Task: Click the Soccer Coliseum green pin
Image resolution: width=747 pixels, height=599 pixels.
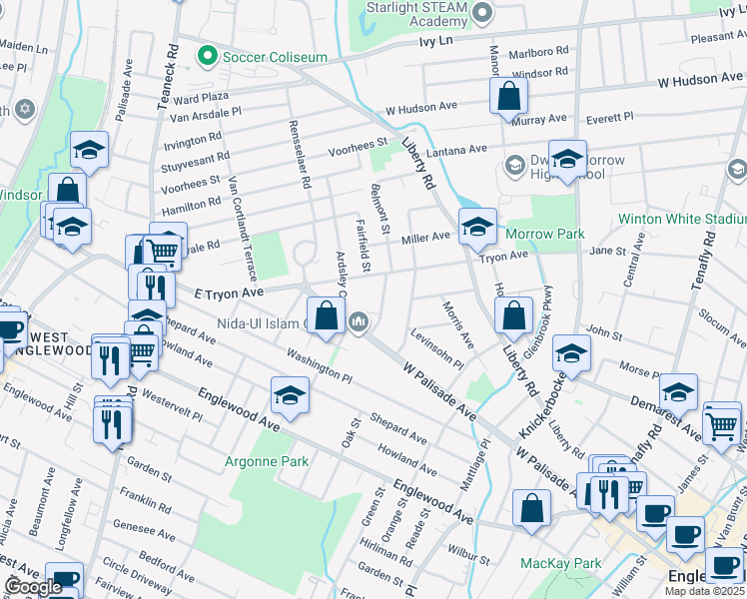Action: pos(208,54)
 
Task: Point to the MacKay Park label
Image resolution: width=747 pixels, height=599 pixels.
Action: pos(561,564)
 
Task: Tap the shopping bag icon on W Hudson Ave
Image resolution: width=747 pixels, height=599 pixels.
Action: pos(508,96)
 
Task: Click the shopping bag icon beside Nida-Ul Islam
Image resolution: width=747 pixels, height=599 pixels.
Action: pos(326,315)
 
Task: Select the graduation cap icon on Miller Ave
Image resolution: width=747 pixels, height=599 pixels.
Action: pos(477,226)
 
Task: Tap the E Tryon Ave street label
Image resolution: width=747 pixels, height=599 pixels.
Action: pos(229,293)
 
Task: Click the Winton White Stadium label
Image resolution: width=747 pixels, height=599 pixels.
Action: pos(682,218)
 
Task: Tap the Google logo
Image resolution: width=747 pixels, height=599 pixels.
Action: pos(33,587)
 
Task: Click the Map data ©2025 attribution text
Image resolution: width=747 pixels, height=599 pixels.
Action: pos(704,591)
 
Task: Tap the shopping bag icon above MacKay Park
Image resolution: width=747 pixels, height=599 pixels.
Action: pos(532,507)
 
